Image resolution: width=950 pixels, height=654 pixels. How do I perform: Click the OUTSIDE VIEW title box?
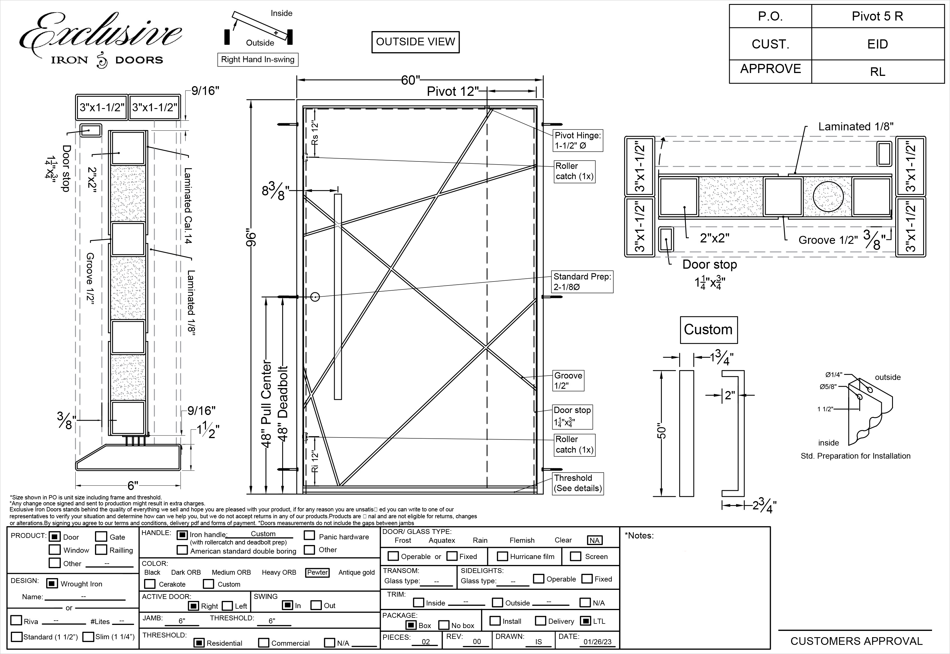pos(415,42)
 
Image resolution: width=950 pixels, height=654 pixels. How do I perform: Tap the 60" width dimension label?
pos(410,80)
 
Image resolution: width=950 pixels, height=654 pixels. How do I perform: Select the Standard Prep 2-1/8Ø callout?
pos(582,282)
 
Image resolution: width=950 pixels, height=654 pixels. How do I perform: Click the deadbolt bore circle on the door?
pos(315,297)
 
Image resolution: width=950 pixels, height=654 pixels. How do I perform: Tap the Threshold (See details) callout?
pos(577,483)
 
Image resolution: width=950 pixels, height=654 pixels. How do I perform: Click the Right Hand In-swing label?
pos(257,59)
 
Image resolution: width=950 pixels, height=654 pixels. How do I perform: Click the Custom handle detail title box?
pos(708,329)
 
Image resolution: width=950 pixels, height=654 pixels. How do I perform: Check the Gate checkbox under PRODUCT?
pos(101,537)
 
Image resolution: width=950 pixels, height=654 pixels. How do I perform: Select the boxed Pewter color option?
pos(317,572)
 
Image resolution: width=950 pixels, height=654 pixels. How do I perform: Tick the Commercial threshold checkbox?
pos(264,643)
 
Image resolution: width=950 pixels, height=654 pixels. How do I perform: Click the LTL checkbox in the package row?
pos(586,621)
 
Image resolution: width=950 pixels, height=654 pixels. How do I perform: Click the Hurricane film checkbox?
pos(502,556)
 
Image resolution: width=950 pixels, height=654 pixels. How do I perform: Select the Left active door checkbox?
pos(227,606)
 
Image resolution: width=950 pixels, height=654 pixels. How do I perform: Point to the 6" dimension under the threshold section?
pos(133,486)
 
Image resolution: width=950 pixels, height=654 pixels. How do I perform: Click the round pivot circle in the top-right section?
pos(828,196)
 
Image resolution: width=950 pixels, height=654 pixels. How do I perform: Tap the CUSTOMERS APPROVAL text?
pos(856,641)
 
